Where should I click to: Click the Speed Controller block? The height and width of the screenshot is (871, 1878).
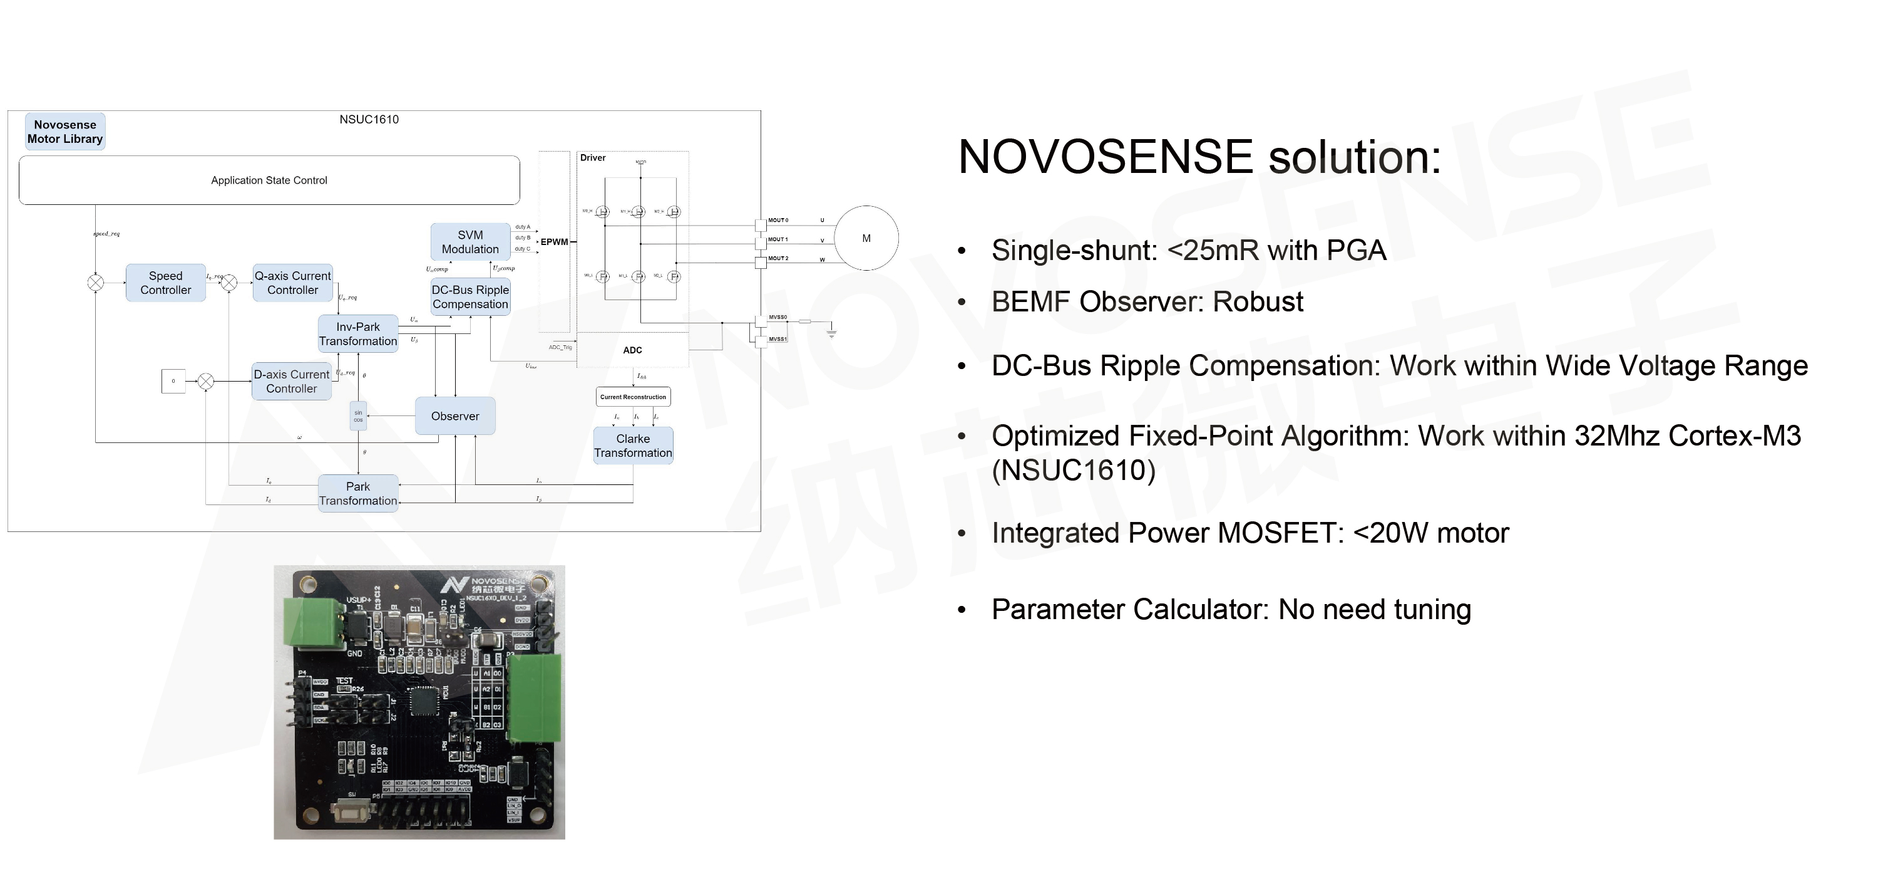[165, 283]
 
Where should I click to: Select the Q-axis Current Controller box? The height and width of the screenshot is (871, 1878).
[292, 283]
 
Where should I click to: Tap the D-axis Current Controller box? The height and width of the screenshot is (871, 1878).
[292, 382]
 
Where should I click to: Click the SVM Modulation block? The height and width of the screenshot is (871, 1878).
[470, 242]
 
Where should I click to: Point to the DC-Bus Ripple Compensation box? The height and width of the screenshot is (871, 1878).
[470, 297]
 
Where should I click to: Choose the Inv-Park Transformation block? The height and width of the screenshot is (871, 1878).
[358, 334]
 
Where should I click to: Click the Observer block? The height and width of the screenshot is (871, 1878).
[455, 416]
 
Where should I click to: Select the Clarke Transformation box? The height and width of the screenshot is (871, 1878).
[633, 446]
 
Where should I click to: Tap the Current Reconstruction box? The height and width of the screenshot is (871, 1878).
[633, 397]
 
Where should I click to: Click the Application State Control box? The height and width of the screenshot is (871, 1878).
[269, 180]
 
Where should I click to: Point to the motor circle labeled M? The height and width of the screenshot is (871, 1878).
[866, 239]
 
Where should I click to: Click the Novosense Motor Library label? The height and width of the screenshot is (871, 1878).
[65, 132]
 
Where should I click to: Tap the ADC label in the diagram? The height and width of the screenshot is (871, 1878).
[632, 350]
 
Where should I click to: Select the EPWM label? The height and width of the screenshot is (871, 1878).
[554, 242]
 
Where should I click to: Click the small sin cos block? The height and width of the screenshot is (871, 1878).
[358, 416]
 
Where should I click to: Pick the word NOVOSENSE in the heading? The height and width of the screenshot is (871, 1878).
[1106, 157]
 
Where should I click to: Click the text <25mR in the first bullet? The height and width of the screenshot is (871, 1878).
[1213, 250]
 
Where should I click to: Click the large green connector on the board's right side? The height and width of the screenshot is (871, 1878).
[535, 698]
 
